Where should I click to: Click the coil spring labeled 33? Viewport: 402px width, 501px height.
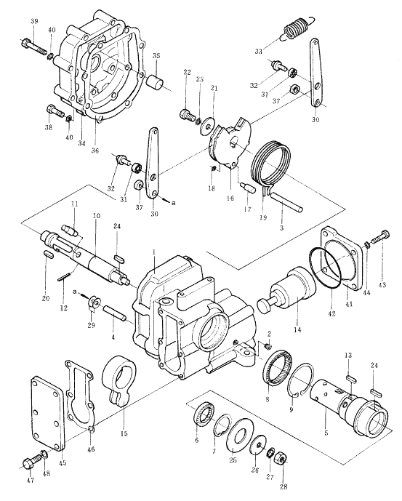click(x=299, y=28)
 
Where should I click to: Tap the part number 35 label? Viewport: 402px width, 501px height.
click(x=156, y=55)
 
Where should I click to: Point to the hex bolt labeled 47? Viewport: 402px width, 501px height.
click(x=32, y=462)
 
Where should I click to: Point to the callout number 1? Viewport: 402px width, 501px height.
click(x=153, y=252)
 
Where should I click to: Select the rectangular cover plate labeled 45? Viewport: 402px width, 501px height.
click(x=47, y=414)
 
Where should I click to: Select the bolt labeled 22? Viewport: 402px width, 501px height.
click(x=187, y=114)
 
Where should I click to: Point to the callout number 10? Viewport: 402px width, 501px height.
click(x=97, y=216)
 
